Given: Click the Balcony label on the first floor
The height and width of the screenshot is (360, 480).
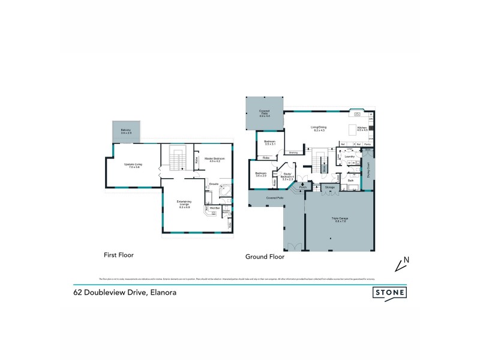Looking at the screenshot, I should click(126, 130).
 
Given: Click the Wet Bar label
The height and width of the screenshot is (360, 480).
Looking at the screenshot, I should click(215, 208).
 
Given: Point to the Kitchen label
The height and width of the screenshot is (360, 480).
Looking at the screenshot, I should click(362, 128).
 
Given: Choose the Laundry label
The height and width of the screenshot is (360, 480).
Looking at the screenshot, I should click(350, 156).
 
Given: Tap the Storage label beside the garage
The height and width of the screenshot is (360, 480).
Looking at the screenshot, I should click(329, 188).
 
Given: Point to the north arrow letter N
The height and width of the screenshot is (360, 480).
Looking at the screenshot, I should click(406, 260).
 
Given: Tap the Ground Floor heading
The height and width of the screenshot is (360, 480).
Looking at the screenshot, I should click(265, 256).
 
